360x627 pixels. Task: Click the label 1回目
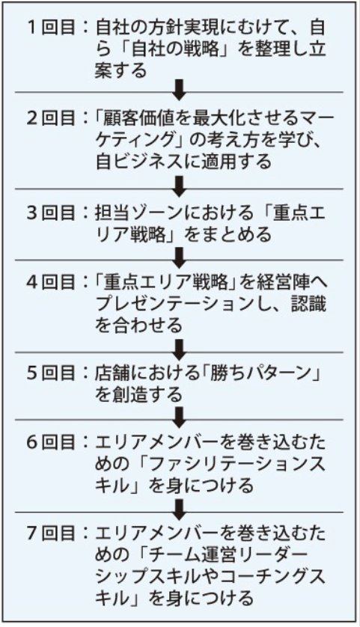coord(52,28)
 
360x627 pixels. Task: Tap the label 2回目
coord(52,118)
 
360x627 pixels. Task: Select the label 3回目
coord(52,212)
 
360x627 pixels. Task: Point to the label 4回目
coord(52,282)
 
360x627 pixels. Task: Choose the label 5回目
coord(52,373)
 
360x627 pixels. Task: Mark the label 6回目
coord(52,442)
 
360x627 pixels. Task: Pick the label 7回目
coord(52,533)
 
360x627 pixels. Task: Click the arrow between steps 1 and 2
coord(180,89)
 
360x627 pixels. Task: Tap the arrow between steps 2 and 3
coord(180,186)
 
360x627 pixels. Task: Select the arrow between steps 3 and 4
coord(180,258)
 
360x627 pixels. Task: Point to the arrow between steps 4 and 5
coord(180,350)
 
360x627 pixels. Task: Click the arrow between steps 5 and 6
coord(180,418)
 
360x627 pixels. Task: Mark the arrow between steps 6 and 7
coord(180,510)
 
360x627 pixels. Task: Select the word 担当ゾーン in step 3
coord(138,212)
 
